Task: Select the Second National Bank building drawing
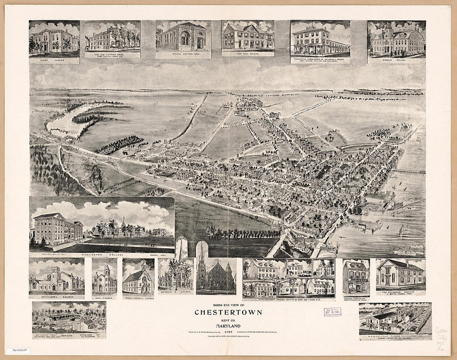pos(183,37)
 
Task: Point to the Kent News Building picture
pos(248,37)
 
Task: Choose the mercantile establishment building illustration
pos(320,39)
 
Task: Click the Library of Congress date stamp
pos(332,312)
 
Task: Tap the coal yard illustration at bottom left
pos(69,318)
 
